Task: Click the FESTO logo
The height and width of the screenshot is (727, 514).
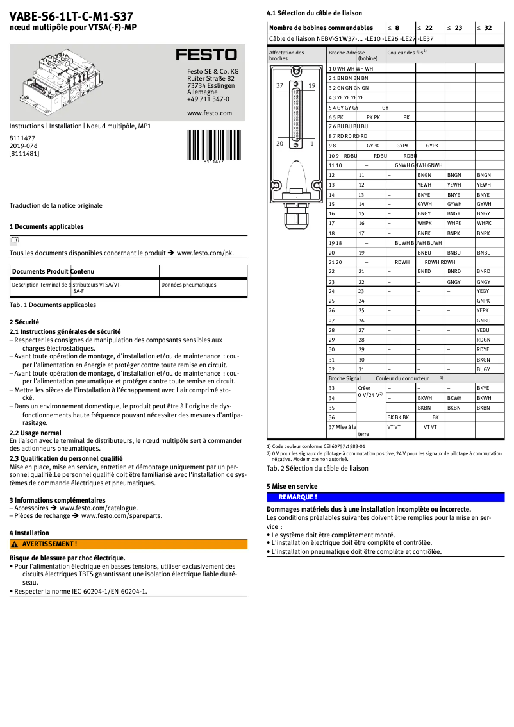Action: click(206, 54)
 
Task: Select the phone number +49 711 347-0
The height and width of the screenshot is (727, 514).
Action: click(208, 99)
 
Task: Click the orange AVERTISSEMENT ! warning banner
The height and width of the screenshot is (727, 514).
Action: click(128, 544)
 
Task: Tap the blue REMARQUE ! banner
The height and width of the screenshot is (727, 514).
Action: click(385, 497)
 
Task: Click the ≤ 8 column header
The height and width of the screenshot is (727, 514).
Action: click(394, 28)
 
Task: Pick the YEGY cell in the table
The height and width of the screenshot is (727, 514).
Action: click(483, 291)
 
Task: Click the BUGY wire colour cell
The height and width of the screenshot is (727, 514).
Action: click(483, 369)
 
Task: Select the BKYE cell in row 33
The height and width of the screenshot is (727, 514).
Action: click(483, 388)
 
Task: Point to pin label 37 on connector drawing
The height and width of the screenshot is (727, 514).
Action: click(279, 85)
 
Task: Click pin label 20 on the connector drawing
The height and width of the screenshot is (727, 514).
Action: click(279, 144)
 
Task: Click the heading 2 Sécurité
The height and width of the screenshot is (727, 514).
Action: click(24, 322)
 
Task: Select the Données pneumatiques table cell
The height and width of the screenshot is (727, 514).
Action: click(188, 285)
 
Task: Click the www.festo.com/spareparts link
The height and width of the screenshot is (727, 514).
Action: click(121, 515)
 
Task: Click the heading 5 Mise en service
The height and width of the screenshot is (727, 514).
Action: click(292, 487)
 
